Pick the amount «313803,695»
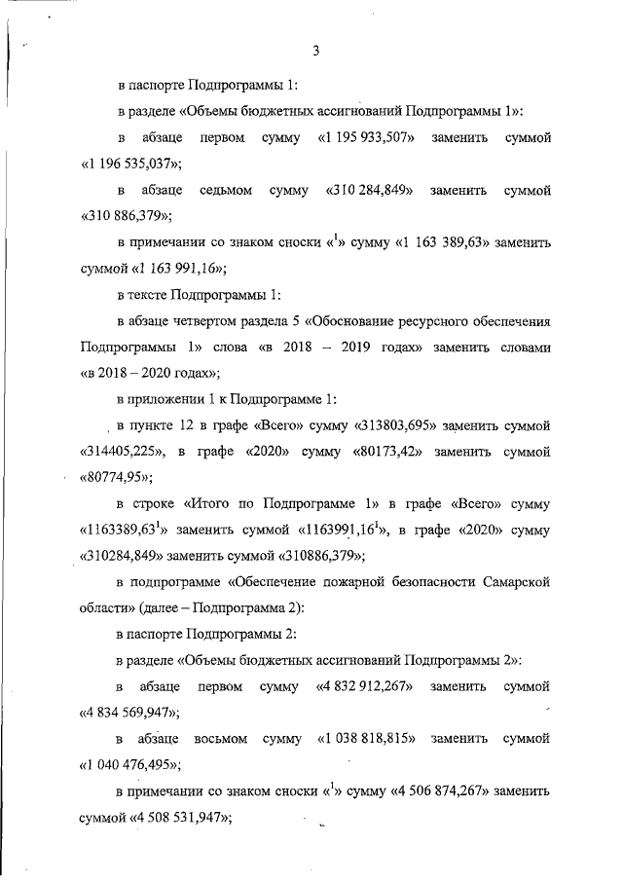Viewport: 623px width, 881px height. coord(386,426)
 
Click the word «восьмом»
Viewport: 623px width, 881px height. coord(222,739)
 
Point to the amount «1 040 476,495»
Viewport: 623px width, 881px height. coord(132,764)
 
